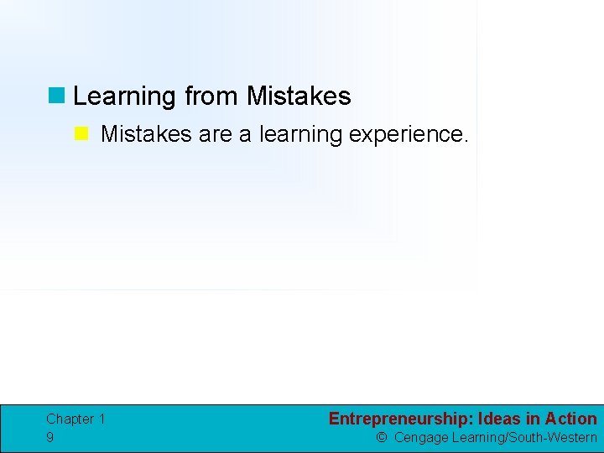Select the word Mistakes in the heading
[299, 96]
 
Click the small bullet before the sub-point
[81, 134]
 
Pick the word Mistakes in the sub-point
[146, 134]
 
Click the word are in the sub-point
[216, 134]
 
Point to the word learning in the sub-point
[300, 135]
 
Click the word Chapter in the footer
[70, 419]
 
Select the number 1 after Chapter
[102, 419]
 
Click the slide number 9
[50, 437]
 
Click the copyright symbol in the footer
[382, 437]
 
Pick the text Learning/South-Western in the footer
[524, 437]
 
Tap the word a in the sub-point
[245, 134]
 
